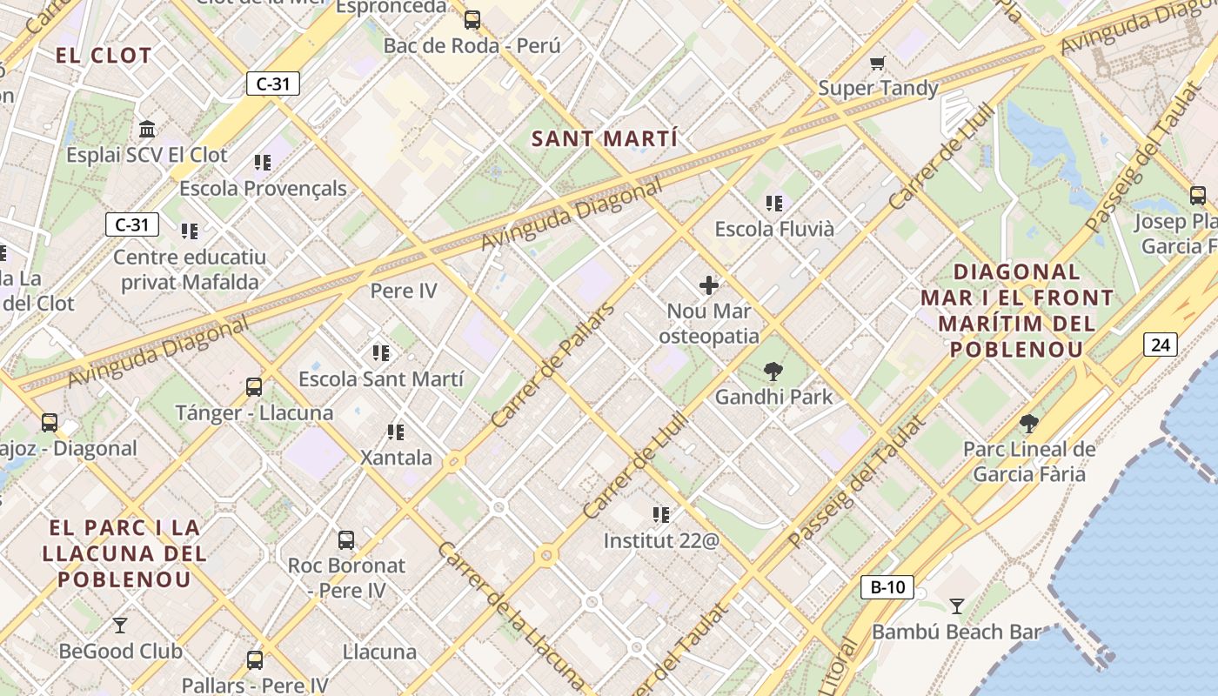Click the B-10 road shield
click(887, 587)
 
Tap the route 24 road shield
click(1161, 345)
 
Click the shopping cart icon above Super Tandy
click(878, 63)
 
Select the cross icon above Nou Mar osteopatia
click(709, 284)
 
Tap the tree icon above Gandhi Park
click(773, 372)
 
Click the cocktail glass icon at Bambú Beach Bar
click(957, 606)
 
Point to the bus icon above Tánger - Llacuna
click(254, 387)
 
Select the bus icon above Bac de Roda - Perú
click(472, 20)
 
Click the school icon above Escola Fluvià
click(774, 204)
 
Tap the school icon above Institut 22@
click(661, 515)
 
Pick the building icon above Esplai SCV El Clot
click(147, 130)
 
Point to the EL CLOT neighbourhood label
click(104, 57)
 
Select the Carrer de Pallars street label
click(552, 365)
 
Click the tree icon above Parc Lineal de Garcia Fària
click(1029, 424)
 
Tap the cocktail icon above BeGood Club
click(120, 626)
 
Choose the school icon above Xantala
click(396, 432)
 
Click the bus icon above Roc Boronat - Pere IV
click(346, 540)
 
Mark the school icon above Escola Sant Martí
click(380, 353)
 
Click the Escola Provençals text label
click(263, 188)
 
